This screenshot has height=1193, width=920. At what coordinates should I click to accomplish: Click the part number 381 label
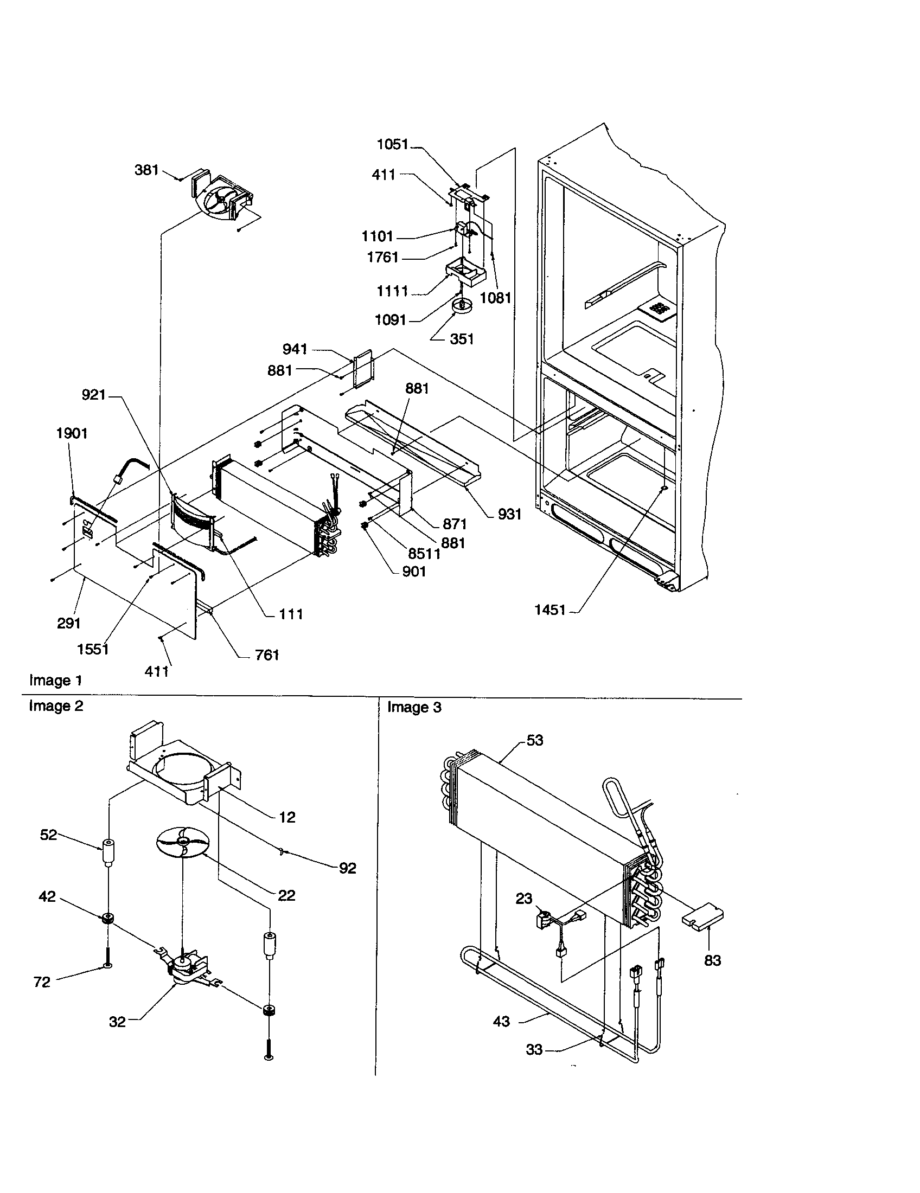[x=146, y=170]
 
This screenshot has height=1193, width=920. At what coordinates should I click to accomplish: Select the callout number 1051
[x=392, y=144]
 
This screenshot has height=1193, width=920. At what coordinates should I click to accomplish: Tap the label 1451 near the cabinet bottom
[x=550, y=610]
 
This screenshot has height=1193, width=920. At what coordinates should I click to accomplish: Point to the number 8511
[x=425, y=554]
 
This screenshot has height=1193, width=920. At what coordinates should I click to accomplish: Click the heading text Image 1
[x=56, y=681]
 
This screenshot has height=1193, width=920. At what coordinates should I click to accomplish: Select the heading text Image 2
[x=56, y=706]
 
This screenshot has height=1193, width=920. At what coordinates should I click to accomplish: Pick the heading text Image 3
[x=414, y=707]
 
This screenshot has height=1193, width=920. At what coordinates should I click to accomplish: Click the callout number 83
[x=712, y=960]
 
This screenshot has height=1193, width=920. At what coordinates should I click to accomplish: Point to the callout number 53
[x=535, y=740]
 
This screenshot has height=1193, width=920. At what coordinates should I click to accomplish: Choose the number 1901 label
[x=72, y=433]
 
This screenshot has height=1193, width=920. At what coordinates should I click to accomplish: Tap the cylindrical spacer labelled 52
[x=108, y=852]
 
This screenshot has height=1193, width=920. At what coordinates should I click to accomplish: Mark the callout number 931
[x=509, y=514]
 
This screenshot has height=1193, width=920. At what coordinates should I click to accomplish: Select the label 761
[x=267, y=655]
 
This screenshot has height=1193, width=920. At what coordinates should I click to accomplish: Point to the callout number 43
[x=501, y=1021]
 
